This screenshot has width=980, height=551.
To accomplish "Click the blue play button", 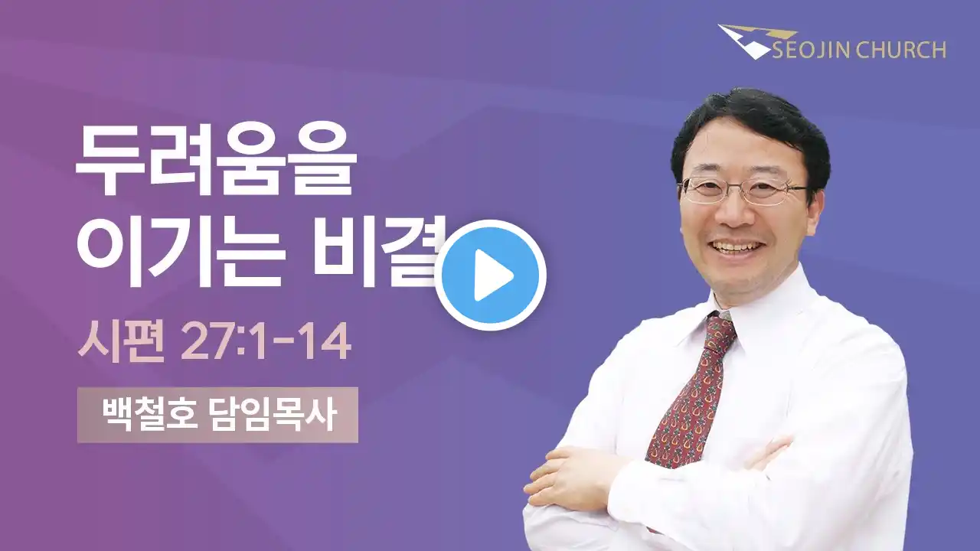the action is coord(491,275).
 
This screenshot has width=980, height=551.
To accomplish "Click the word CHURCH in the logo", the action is coord(901,50).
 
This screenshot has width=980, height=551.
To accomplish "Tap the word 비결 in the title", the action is coord(376,251).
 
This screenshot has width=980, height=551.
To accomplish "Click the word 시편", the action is coord(121,341).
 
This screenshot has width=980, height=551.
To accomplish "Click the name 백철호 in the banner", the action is coord(149,415).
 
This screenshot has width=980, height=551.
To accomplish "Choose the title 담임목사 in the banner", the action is coord(272,415).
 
